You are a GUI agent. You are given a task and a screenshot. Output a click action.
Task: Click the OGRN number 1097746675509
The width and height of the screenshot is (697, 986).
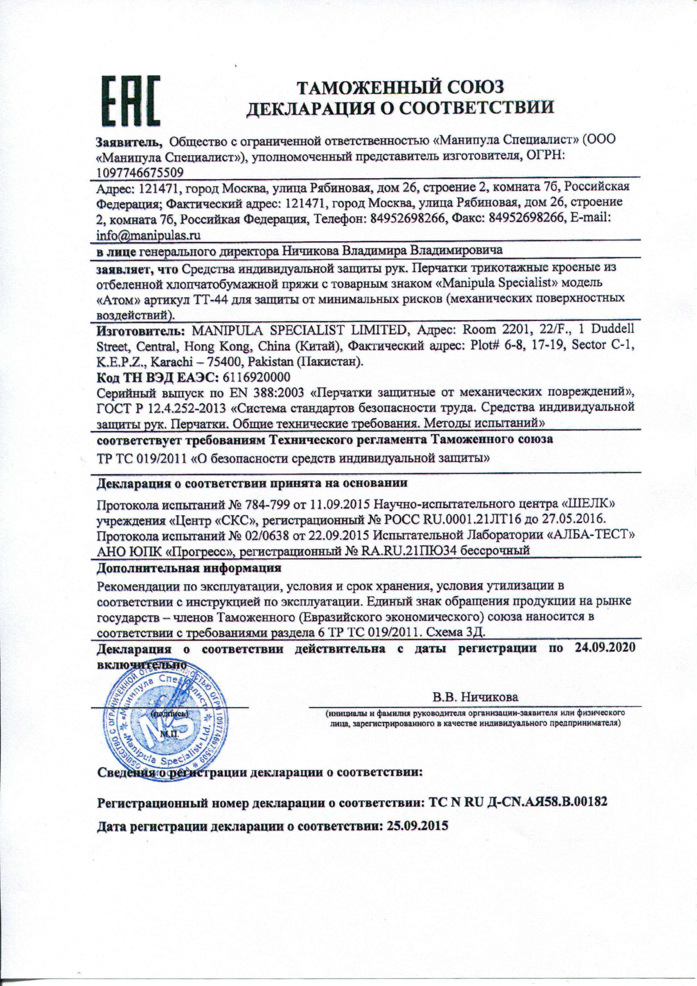pyautogui.click(x=141, y=172)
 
